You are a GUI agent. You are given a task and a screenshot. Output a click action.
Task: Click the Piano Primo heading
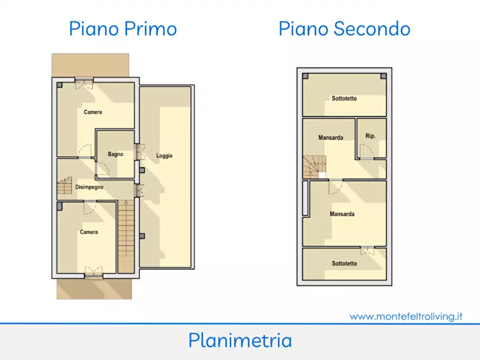click(x=123, y=29)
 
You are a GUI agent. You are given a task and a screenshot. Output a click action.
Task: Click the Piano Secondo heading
click(x=345, y=29)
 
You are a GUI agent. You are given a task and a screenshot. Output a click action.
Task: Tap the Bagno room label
click(x=116, y=154)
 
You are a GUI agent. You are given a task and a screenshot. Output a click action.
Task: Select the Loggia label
click(x=164, y=156)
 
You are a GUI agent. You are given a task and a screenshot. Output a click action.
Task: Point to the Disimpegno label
click(x=89, y=187)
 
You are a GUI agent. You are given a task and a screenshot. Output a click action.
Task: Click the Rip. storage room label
click(x=370, y=136)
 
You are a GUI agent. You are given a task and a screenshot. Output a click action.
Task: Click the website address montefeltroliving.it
click(x=406, y=316)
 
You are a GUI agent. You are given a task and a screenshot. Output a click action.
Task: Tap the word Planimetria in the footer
click(x=240, y=341)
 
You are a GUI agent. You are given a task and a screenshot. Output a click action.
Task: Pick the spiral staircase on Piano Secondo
click(x=314, y=167)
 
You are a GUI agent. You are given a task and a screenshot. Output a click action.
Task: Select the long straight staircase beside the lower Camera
click(x=126, y=236)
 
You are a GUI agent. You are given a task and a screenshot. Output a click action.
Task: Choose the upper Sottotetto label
click(x=345, y=98)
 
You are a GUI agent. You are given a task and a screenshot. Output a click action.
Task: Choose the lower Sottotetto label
click(x=345, y=264)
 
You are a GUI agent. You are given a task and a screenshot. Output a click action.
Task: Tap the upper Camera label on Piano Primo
click(x=93, y=112)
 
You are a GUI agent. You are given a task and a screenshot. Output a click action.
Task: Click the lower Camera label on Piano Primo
click(x=89, y=232)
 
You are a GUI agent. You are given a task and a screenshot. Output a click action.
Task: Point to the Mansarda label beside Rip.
click(x=331, y=138)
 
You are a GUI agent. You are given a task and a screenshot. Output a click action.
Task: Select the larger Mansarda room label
click(x=342, y=214)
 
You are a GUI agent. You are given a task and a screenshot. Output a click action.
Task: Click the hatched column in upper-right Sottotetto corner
click(x=383, y=76)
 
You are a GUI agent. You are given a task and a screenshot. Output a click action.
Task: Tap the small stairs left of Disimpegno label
click(x=65, y=185)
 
